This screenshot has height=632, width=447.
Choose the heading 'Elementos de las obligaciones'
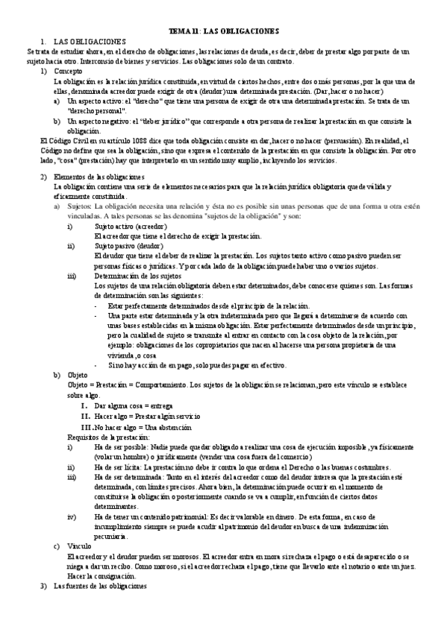pyautogui.click(x=101, y=177)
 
